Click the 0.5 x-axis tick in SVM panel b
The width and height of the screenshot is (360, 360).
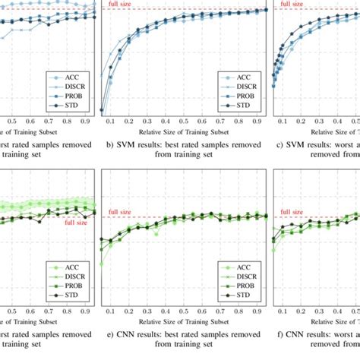[184, 121]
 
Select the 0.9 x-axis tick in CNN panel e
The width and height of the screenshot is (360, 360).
[257, 310]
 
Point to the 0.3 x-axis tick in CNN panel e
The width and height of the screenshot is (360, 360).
[147, 310]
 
